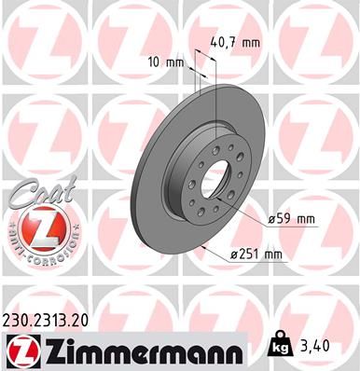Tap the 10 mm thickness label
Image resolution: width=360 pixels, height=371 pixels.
point(166,62)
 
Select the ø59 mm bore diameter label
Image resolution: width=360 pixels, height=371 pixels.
point(291,219)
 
